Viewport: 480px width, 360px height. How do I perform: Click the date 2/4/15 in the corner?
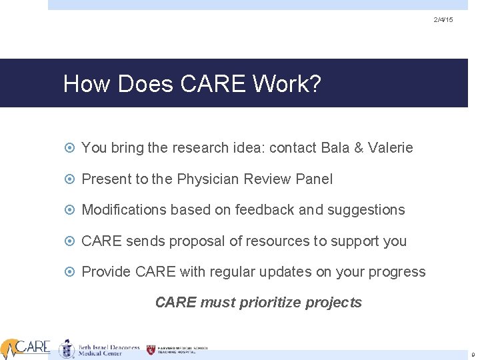click(x=443, y=21)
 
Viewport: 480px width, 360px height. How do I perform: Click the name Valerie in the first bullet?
click(x=389, y=148)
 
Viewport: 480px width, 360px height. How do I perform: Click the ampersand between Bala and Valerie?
click(x=359, y=148)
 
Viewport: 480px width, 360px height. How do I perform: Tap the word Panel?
click(x=313, y=179)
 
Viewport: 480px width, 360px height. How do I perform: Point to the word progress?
click(x=399, y=272)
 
